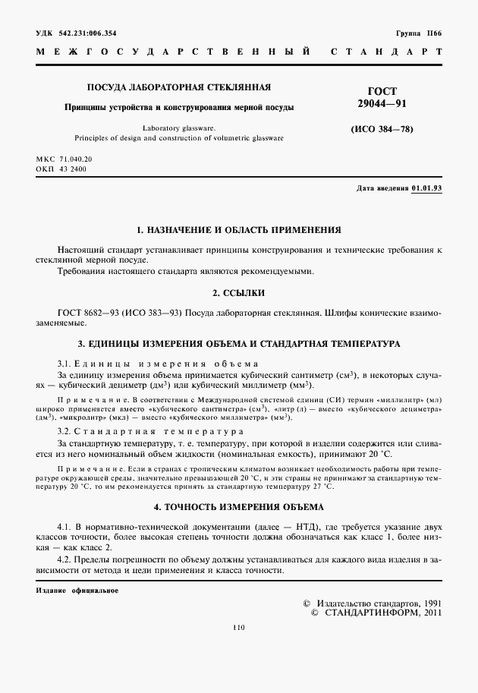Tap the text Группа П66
point(419,33)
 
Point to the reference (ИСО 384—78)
point(382,129)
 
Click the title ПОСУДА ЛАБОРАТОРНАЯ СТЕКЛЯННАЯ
point(179,87)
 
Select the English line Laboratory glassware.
point(179,128)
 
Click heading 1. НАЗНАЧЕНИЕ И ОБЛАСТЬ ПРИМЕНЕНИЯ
point(238,229)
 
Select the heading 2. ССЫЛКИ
point(238,292)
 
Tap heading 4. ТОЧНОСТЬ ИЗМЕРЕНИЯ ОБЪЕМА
point(238,506)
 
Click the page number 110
point(239,627)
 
